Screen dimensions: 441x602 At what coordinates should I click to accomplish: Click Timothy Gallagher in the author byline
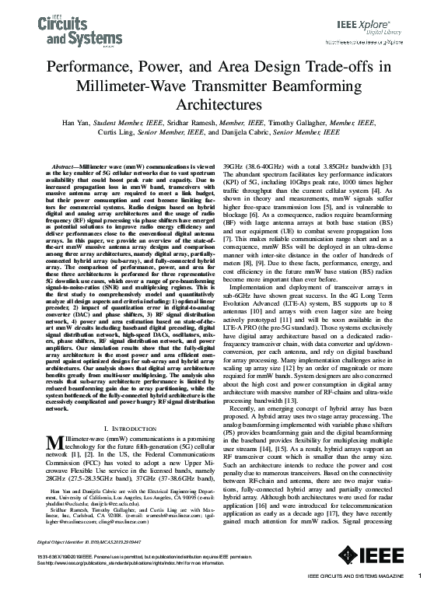tap(297, 122)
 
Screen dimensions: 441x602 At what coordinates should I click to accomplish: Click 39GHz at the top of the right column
tap(236, 167)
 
